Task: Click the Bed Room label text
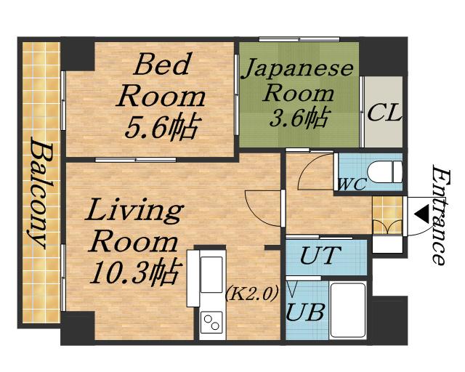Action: [x=161, y=80]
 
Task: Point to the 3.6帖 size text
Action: [x=299, y=117]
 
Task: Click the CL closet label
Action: [x=384, y=113]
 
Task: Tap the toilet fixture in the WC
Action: [x=384, y=171]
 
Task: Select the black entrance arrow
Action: [x=421, y=214]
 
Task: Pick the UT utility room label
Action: [x=320, y=255]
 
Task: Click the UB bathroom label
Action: [x=305, y=312]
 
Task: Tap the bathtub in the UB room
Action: [x=348, y=310]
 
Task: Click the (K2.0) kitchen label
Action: [x=252, y=293]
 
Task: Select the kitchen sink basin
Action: [x=211, y=275]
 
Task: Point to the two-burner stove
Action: [x=211, y=322]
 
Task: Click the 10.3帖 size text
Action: [x=136, y=272]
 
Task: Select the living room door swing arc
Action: [x=262, y=209]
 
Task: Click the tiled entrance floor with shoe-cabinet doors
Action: [x=387, y=215]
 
